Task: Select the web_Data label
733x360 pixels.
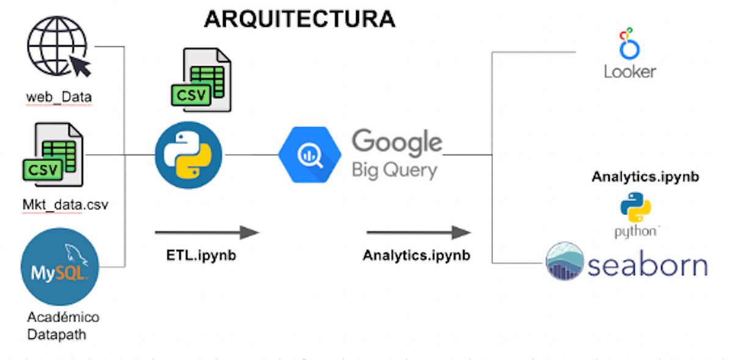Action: [59, 97]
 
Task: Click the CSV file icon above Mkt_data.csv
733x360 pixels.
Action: [53, 155]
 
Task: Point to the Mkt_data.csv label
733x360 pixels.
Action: [61, 204]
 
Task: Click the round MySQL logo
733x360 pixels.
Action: [59, 266]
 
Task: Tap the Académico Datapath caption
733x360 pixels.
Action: [63, 326]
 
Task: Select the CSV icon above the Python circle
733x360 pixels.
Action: [201, 80]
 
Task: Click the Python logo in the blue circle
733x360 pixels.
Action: [188, 155]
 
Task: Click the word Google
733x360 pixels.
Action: [396, 142]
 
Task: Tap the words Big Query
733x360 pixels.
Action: [394, 169]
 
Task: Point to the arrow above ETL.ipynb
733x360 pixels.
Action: [207, 232]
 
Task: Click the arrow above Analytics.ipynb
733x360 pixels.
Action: [418, 232]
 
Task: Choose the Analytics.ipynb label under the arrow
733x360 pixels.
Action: [417, 255]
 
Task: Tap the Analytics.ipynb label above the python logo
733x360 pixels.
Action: [645, 177]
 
